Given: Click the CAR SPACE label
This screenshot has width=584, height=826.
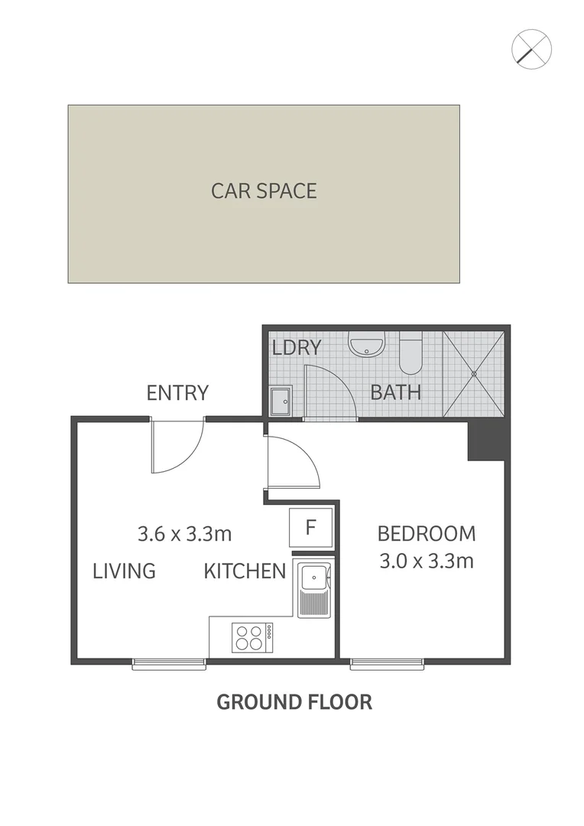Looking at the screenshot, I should point(264,190).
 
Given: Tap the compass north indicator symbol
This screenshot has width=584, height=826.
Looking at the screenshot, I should point(531,49).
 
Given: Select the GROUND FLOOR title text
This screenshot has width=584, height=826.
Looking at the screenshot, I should point(294,701).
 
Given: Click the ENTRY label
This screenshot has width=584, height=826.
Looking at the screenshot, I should point(177,393).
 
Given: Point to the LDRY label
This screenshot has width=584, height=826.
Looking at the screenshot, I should point(297,347).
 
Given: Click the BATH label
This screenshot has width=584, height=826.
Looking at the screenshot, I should point(396,392).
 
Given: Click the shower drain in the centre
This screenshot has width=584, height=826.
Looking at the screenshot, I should point(474,374).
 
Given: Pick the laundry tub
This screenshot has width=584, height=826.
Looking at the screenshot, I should point(281,399).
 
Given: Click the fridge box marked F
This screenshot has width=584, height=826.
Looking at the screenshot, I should point(310,527).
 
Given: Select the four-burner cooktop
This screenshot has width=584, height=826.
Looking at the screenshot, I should point(253,636).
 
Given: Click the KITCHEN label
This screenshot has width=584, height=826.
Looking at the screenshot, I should point(245,571).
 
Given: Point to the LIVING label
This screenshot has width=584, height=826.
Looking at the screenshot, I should point(125,571).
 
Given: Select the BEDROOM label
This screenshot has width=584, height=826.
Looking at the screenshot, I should point(427,533).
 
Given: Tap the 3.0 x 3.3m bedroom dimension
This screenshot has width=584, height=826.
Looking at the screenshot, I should point(427,561).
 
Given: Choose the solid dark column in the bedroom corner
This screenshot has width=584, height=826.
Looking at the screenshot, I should point(487,442).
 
